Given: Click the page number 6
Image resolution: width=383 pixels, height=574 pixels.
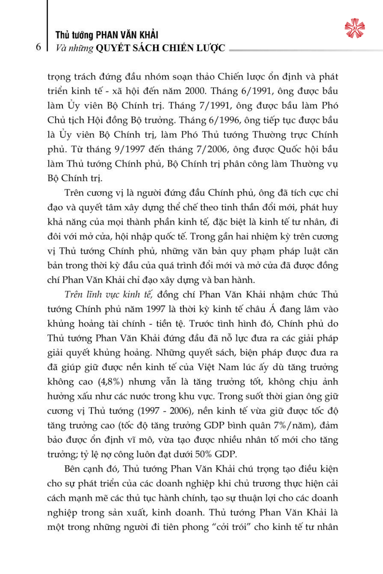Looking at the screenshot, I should (x=38, y=47).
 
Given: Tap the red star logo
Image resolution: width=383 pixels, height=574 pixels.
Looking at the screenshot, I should (x=354, y=28).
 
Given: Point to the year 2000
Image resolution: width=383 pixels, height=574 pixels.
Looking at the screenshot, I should (x=196, y=91).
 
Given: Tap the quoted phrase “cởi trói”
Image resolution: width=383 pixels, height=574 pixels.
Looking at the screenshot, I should (x=229, y=527).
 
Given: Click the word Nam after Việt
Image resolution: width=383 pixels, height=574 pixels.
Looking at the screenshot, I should (x=229, y=367).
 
